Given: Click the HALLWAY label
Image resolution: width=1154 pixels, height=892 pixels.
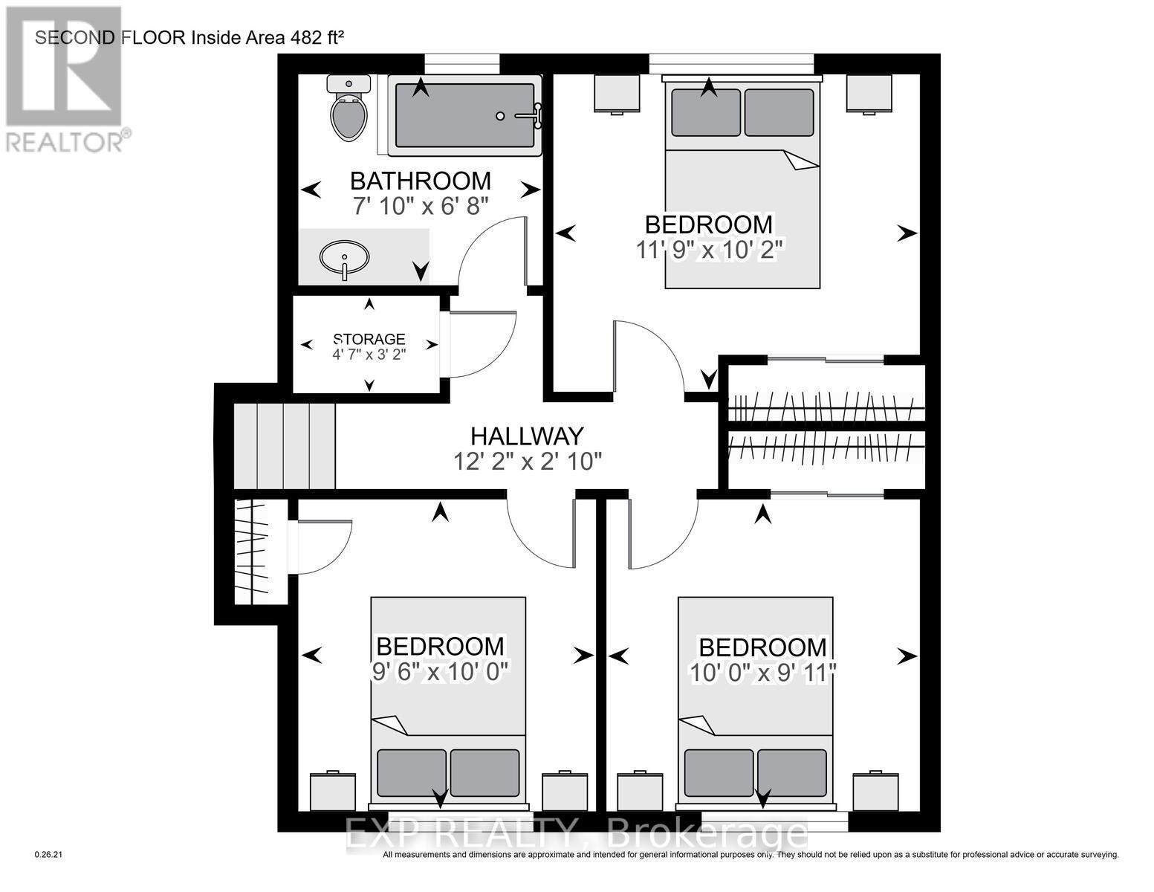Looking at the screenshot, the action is (527, 436).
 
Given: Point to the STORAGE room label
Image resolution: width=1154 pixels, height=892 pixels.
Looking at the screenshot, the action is (369, 339).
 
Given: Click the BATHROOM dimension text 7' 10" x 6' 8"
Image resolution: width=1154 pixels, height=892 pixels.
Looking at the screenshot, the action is (421, 206).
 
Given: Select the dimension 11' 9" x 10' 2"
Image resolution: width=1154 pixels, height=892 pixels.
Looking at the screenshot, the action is (710, 250).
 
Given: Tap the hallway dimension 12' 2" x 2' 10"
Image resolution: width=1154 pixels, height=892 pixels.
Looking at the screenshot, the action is (528, 461).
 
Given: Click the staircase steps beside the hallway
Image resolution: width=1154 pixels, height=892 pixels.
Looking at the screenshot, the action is (285, 446).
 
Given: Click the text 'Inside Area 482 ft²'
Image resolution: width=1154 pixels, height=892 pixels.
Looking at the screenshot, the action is (267, 38).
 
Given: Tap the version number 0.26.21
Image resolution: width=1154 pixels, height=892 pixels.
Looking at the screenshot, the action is (48, 855).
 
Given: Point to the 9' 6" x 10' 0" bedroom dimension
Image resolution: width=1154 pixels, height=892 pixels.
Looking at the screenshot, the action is (440, 672).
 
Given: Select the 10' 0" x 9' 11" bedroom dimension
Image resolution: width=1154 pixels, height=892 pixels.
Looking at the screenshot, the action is (762, 673).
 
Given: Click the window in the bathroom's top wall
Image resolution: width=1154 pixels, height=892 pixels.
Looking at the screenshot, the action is (462, 63).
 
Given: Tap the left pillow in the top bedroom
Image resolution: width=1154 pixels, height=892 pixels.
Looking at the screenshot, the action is (706, 112).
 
